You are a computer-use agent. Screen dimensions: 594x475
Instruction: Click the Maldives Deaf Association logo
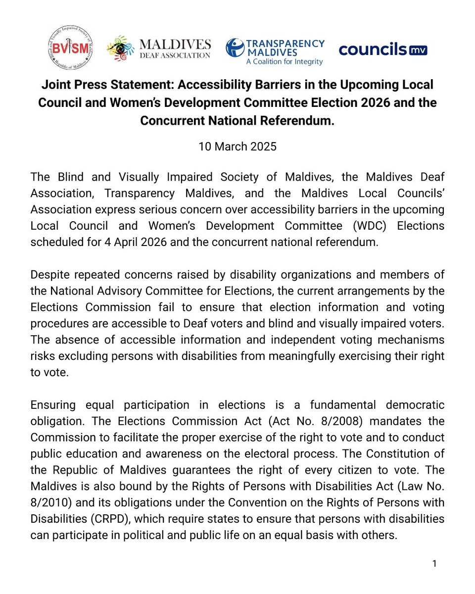tap(158, 49)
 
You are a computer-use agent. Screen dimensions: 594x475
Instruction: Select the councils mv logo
tap(383, 49)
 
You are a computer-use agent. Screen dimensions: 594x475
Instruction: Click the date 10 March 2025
tap(237, 147)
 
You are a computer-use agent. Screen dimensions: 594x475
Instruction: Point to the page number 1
tap(434, 564)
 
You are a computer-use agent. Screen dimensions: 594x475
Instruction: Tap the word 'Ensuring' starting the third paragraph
tap(53, 405)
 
